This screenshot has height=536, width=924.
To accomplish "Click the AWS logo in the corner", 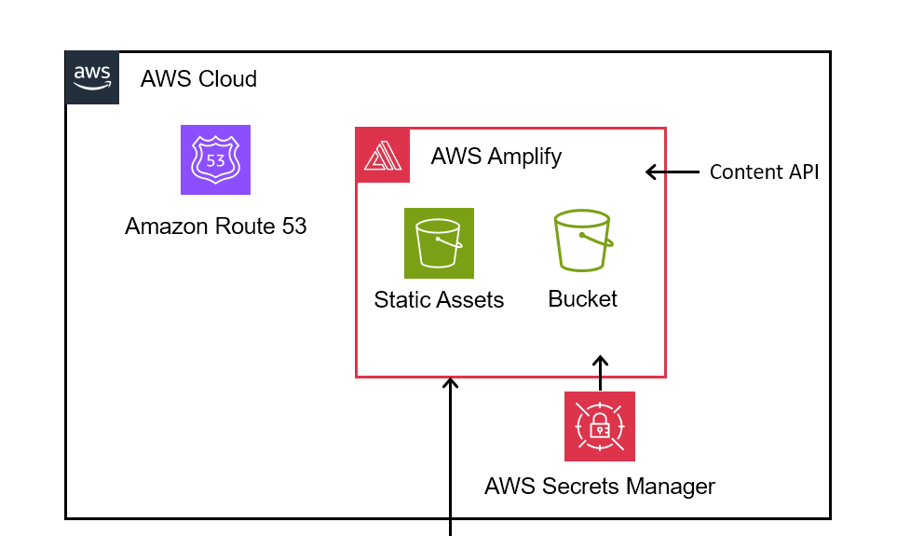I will point(92,77).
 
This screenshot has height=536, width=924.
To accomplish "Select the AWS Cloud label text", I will point(198,79).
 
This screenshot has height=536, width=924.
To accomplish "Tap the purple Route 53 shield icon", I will point(215,159).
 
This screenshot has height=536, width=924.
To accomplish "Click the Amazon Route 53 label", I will point(215,227).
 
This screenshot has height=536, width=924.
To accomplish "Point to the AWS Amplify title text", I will point(496,156).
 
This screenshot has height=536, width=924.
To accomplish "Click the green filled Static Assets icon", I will point(439,243).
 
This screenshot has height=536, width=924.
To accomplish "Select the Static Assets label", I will point(439,300).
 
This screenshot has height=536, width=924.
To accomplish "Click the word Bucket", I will point(583,299).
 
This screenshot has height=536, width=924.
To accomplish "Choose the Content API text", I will point(764,172).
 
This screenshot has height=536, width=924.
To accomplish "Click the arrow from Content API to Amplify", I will point(673,172).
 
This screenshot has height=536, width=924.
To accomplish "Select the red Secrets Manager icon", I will point(600,426).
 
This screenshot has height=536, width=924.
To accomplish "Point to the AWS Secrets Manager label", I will point(600,486).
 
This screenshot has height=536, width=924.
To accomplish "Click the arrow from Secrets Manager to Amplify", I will point(601,373).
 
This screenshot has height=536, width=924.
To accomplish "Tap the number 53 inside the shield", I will point(215,159).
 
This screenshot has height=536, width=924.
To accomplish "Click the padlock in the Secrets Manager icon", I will point(600,428).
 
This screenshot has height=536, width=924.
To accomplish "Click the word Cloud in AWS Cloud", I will point(227,79).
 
